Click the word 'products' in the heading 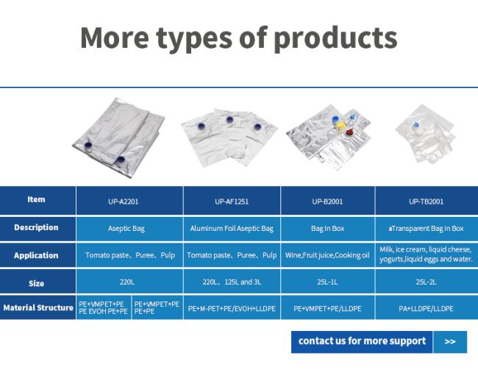[x=335, y=39]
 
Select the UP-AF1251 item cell [x=232, y=201]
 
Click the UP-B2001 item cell [x=328, y=201]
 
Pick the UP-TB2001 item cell [x=427, y=201]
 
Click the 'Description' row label [x=36, y=227]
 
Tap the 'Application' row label [x=36, y=255]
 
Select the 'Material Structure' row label [x=38, y=307]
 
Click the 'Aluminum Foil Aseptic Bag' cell [x=232, y=229]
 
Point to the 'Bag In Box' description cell [x=328, y=229]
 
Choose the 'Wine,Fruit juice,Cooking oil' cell [x=328, y=255]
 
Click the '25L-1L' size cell [x=328, y=282]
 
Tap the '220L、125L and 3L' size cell [x=232, y=282]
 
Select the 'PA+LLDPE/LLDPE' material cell [x=427, y=308]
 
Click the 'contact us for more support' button [x=362, y=342]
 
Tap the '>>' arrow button [x=450, y=342]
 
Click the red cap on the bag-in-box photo [x=349, y=132]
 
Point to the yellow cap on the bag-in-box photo [x=340, y=125]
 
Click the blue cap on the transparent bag [x=415, y=124]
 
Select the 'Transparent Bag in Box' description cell [x=427, y=229]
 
